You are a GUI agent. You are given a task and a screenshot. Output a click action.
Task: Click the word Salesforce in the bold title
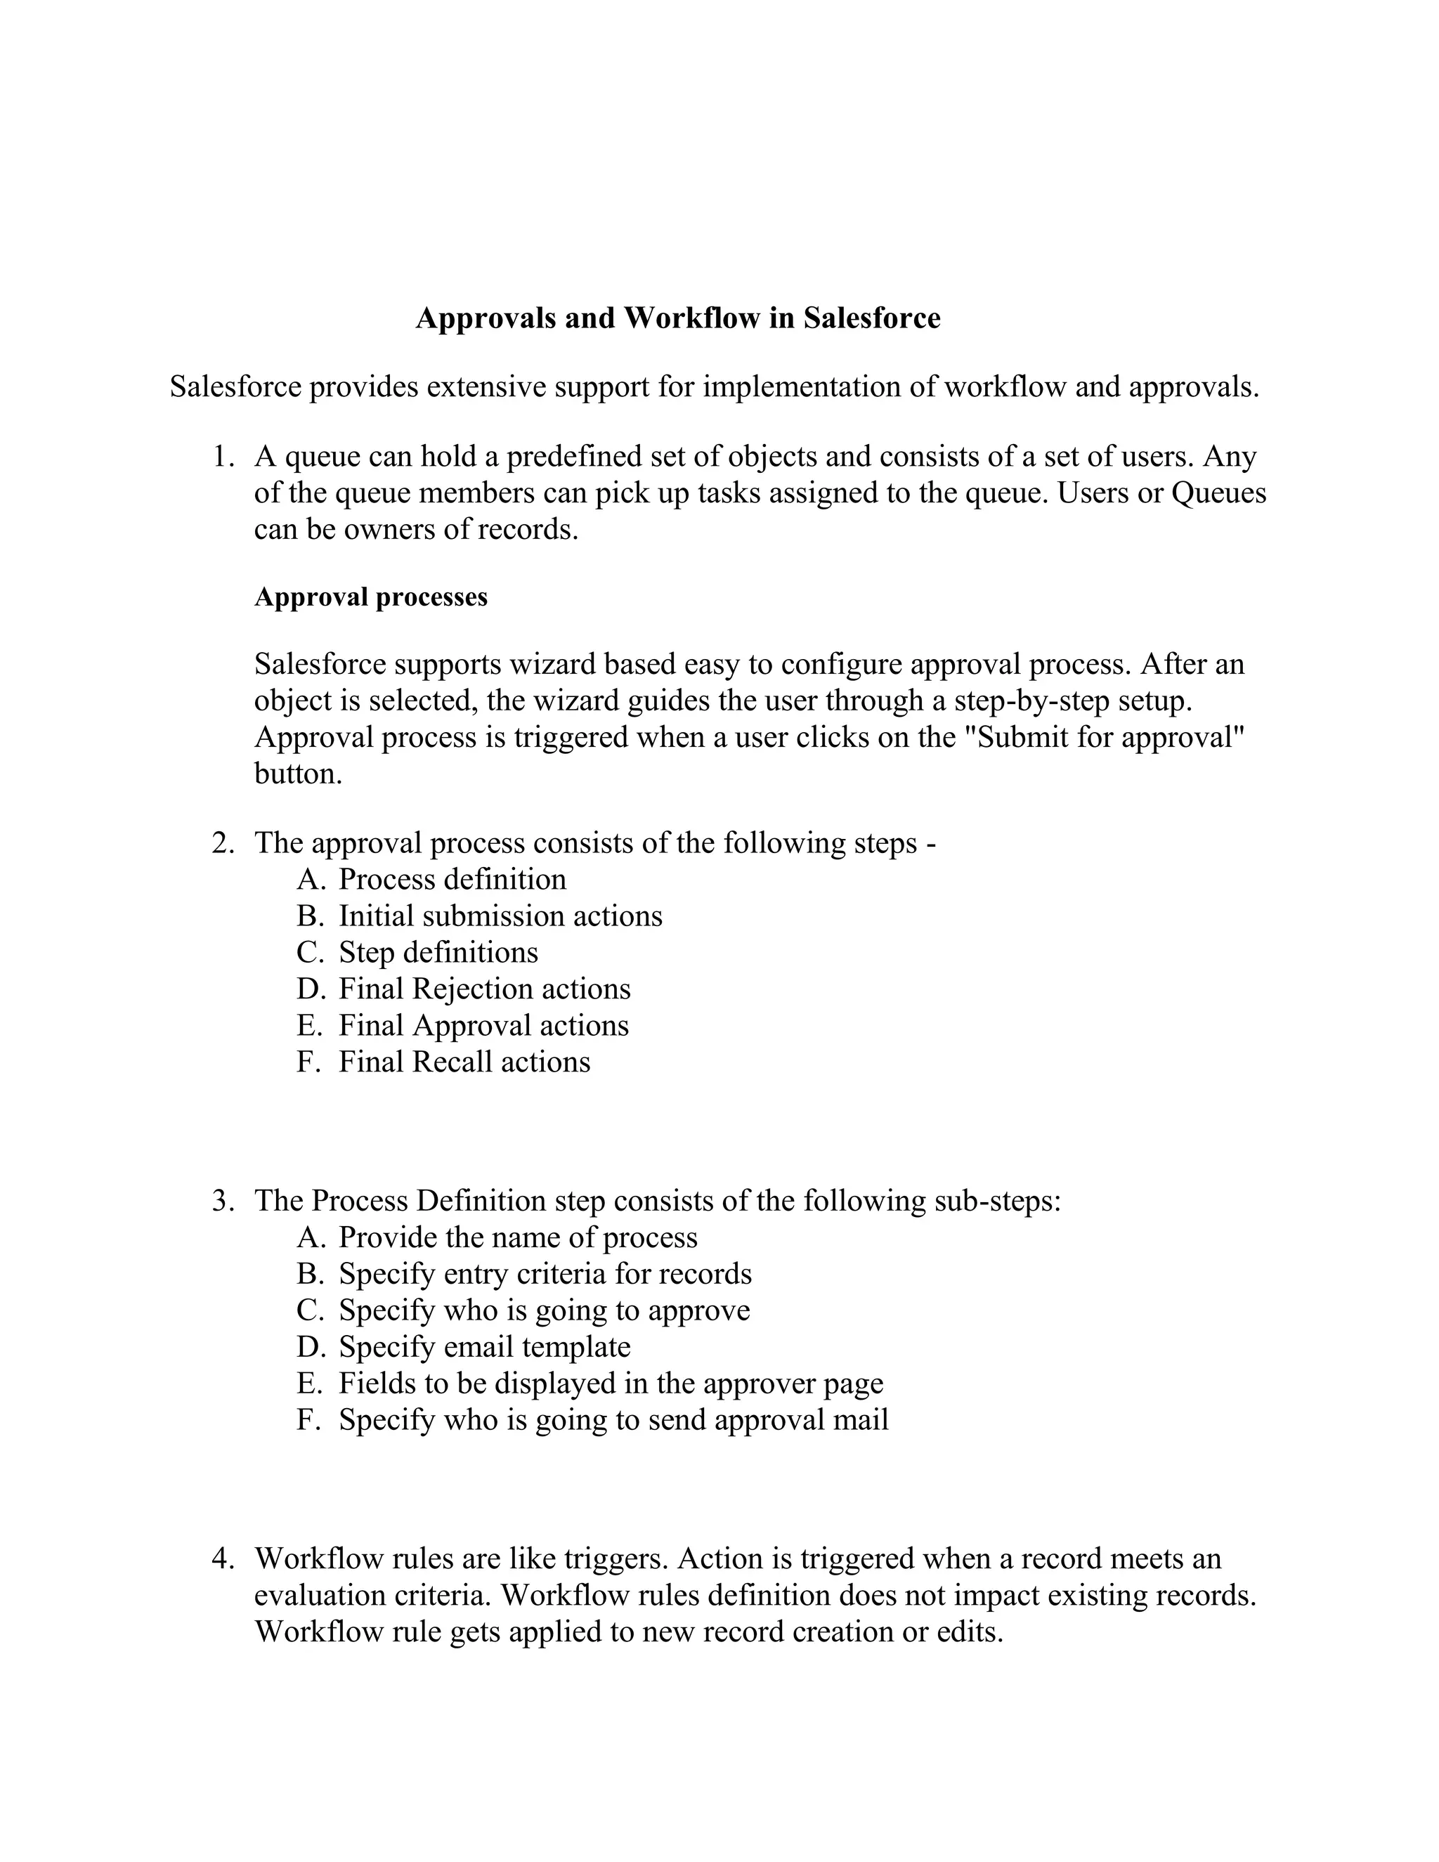871,318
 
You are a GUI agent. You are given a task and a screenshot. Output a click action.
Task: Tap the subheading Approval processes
371,597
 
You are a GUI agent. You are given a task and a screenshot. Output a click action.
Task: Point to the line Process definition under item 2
452,879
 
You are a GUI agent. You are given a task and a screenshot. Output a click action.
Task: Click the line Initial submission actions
500,916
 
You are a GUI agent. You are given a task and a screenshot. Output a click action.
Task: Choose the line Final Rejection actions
484,989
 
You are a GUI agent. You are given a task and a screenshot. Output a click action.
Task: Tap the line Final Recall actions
464,1062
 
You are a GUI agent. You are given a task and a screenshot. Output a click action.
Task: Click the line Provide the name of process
517,1237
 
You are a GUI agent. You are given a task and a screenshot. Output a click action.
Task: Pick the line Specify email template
484,1347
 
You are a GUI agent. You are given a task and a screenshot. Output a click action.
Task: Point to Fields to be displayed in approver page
611,1384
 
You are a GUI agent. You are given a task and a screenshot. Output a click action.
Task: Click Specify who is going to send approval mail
613,1420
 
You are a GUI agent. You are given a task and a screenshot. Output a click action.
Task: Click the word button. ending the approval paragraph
297,774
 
